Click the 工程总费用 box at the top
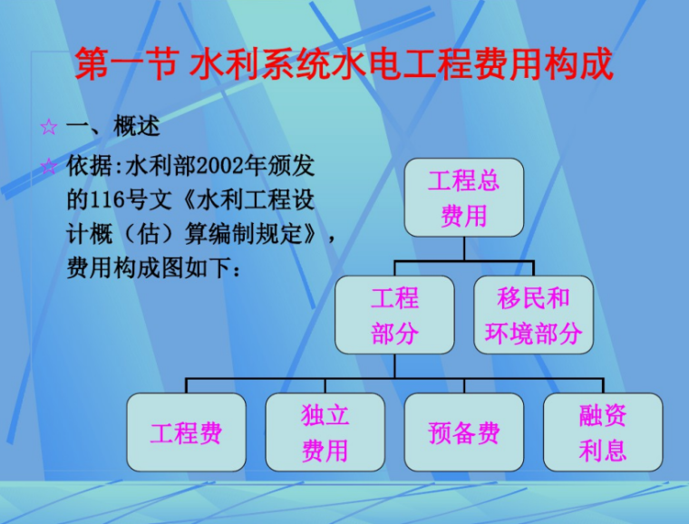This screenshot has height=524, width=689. coord(463,198)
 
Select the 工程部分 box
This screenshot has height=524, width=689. coord(394,315)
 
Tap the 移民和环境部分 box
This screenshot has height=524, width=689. coord(533,315)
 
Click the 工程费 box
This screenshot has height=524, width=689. coord(186,432)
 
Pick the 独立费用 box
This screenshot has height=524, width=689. coord(325,432)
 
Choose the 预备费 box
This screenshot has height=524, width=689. coord(463,432)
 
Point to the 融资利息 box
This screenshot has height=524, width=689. coord(603,432)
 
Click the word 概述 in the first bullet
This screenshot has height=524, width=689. coord(138,127)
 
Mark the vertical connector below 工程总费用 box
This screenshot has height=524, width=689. coord(463,248)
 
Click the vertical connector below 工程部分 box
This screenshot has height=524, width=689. coord(394,366)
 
